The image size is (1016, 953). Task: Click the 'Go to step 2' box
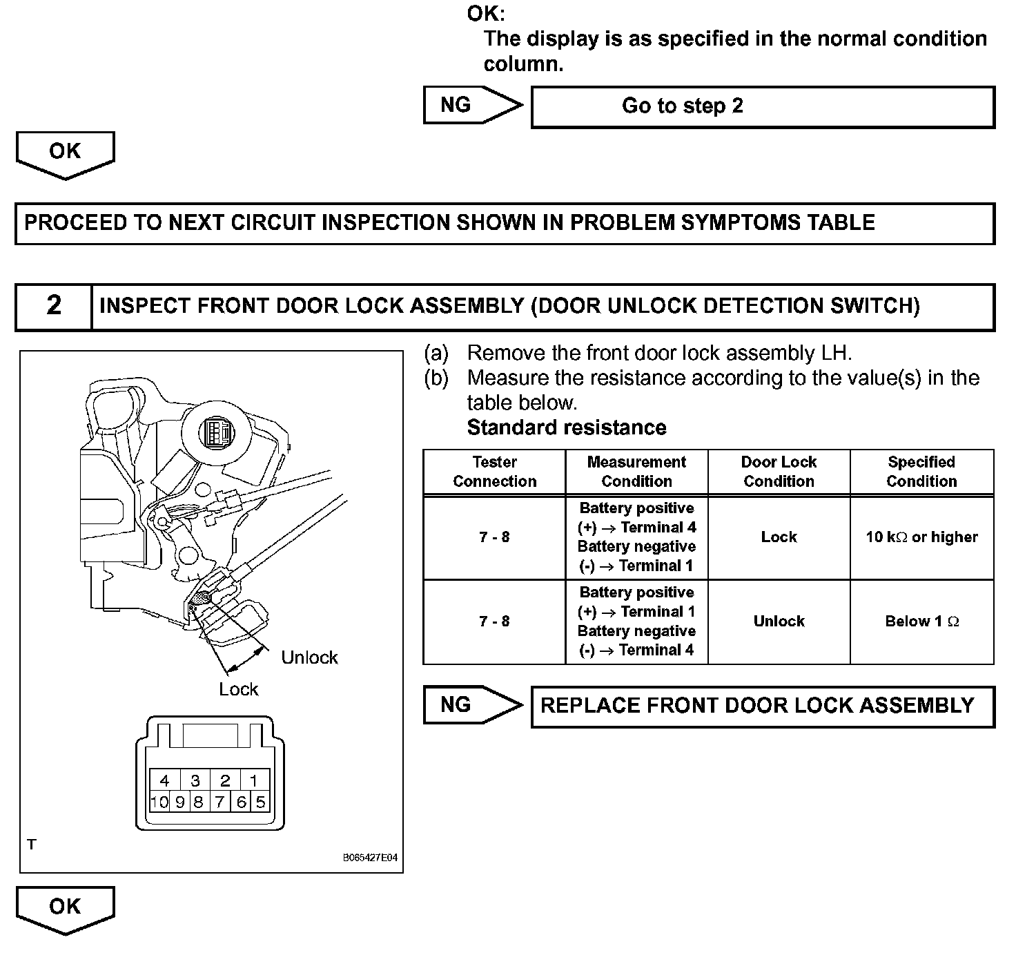[x=762, y=106]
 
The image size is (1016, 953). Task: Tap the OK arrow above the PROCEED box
[x=65, y=153]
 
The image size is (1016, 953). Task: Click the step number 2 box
[x=53, y=305]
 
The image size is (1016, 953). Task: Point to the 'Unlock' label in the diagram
[x=309, y=657]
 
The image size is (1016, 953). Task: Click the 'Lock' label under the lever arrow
[x=238, y=689]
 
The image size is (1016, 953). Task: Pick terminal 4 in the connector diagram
[x=165, y=781]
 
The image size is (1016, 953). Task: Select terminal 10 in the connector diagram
[x=159, y=802]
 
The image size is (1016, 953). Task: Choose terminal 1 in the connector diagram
[x=253, y=781]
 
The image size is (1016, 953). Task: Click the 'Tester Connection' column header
[x=494, y=472]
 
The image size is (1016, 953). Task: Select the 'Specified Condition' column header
[x=921, y=472]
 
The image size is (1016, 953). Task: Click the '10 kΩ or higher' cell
[x=921, y=537]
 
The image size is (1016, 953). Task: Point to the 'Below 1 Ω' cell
[x=921, y=622]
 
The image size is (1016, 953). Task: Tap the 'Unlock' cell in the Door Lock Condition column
[x=779, y=622]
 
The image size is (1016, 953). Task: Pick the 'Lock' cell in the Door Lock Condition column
[x=779, y=537]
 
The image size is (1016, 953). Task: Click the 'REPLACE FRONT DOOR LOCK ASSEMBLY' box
[x=762, y=706]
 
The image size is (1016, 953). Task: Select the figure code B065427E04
[x=370, y=858]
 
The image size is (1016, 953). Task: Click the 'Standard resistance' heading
[x=567, y=427]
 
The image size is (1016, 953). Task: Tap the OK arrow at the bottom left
[x=65, y=909]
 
